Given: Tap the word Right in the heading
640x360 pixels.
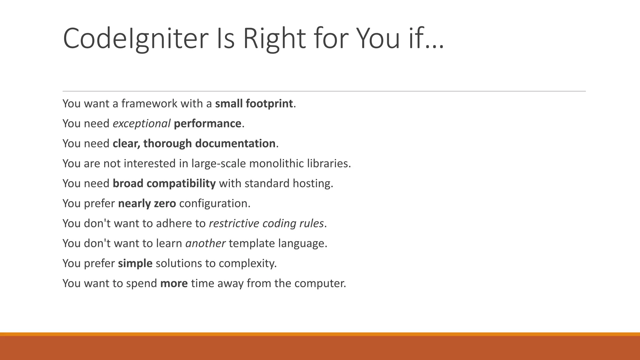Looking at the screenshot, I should tap(274, 39).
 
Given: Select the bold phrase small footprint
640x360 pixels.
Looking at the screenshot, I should tap(254, 103).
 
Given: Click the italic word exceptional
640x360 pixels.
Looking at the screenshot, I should tap(142, 124).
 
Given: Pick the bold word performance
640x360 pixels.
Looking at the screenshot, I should tap(207, 124).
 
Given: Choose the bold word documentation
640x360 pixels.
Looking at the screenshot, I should tap(235, 143).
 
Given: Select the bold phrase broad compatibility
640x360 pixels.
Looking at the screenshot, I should tap(164, 183).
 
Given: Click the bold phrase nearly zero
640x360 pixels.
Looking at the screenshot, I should tap(147, 203).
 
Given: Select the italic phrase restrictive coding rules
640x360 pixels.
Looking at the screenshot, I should tap(266, 223).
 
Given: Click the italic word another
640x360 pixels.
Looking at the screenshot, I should tap(205, 243).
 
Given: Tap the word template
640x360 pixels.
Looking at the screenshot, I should tap(252, 243).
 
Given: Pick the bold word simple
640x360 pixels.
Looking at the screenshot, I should tap(135, 263).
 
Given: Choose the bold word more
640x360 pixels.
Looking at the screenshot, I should tap(174, 283).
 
